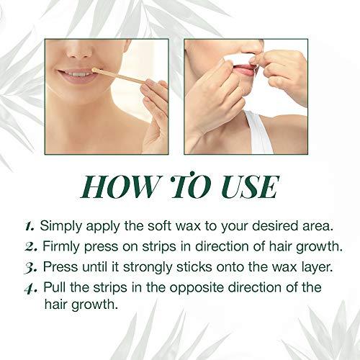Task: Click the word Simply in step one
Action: (x=60, y=225)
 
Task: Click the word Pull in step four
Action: (x=55, y=287)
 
